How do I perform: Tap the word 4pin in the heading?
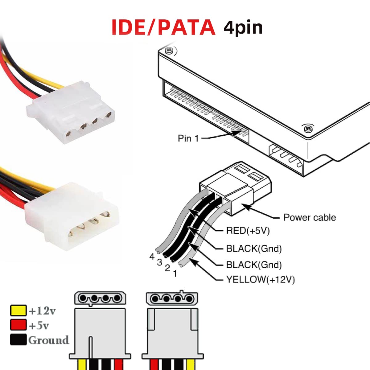coord(243,28)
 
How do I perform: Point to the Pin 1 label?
coord(188,138)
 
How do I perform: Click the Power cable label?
coord(310,217)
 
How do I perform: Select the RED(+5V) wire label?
coord(248,231)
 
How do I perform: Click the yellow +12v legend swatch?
coord(18,310)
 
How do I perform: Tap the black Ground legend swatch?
coord(18,339)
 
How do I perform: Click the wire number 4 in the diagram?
coord(151,257)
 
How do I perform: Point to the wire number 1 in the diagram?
coord(175,273)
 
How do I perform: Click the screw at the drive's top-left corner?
coord(168,51)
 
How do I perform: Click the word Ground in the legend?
coord(49,340)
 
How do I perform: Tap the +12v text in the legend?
coord(42,311)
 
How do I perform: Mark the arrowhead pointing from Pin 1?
coord(237,133)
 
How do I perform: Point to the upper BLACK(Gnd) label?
coord(254,249)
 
